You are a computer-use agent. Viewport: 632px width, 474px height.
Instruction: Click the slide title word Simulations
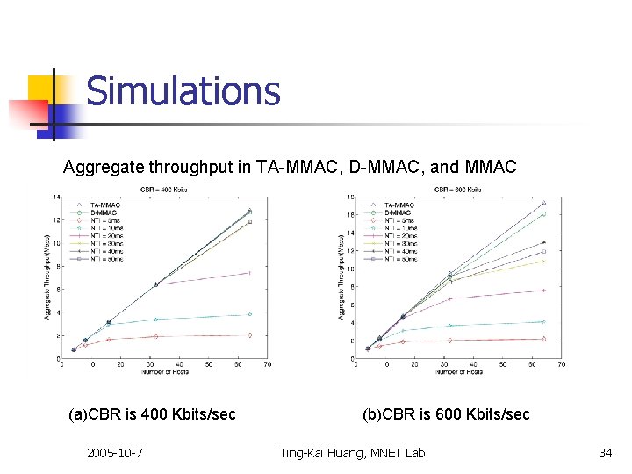pos(183,92)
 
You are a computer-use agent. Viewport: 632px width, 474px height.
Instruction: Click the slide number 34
pos(605,453)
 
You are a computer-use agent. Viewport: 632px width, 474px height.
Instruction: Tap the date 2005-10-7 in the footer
pos(115,453)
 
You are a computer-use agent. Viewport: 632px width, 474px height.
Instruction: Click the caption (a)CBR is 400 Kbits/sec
pos(152,414)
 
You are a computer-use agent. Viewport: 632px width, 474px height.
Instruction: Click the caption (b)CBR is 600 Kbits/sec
pos(446,414)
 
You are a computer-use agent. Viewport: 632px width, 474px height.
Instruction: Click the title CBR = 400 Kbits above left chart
pos(164,189)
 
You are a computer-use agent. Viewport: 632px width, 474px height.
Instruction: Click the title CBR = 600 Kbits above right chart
pos(457,189)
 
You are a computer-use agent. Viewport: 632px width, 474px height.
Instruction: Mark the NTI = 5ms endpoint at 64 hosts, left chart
pos(249,334)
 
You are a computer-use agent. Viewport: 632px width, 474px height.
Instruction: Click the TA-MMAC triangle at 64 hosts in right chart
pos(544,204)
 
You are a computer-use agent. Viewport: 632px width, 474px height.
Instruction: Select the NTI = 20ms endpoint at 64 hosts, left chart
pos(249,273)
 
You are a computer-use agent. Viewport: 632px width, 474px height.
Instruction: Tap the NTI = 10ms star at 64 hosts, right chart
pos(544,322)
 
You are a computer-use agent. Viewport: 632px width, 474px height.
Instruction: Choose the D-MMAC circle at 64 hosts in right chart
pos(544,214)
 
